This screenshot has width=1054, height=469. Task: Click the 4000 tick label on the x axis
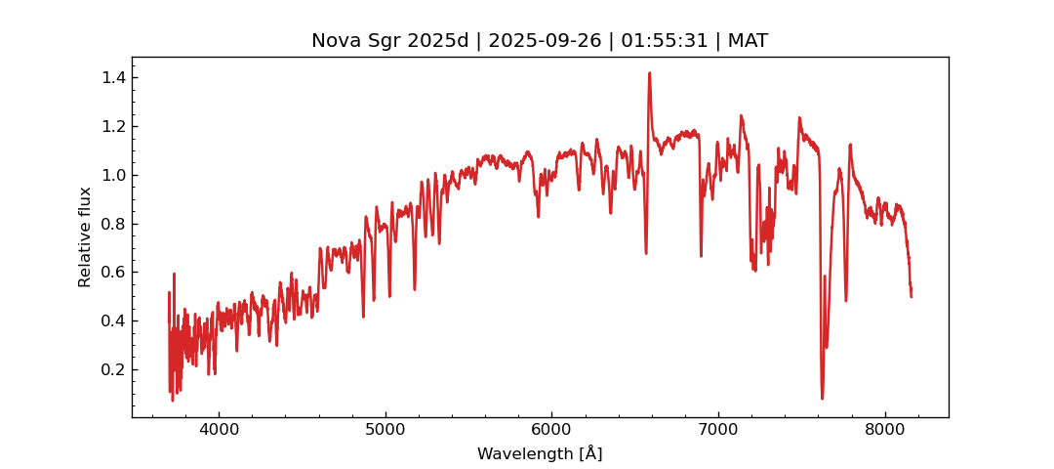click(219, 430)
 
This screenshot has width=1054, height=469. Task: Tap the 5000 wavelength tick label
click(385, 430)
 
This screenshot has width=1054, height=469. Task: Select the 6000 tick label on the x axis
click(551, 430)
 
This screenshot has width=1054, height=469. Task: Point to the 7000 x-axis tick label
click(718, 430)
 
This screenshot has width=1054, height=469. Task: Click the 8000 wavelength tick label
click(885, 430)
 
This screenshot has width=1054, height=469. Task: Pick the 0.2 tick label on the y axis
click(113, 369)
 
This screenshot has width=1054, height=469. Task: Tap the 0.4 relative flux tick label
click(113, 320)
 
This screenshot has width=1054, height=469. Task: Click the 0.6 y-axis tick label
click(113, 272)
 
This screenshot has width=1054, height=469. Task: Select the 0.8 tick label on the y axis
click(113, 224)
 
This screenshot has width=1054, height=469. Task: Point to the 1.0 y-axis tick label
click(113, 175)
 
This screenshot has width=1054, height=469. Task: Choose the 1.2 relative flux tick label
click(113, 126)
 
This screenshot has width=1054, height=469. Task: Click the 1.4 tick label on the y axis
click(113, 77)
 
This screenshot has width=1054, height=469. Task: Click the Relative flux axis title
click(86, 236)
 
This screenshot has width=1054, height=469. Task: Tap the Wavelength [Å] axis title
click(540, 453)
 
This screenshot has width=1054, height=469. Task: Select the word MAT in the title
click(748, 41)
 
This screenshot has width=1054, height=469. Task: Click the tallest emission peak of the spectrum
click(649, 73)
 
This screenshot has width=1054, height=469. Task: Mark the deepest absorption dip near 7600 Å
click(822, 397)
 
